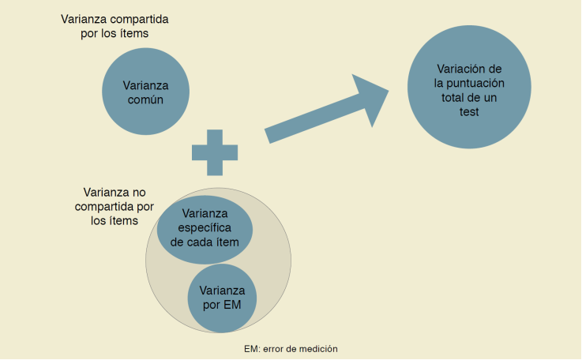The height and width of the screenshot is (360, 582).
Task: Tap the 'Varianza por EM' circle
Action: point(221,297)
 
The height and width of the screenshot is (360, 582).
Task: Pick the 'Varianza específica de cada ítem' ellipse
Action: point(205,228)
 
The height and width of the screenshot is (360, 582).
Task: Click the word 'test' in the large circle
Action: point(469,112)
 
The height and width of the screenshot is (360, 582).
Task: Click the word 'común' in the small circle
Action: point(147,100)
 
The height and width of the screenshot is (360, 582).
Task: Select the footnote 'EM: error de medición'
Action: point(291,348)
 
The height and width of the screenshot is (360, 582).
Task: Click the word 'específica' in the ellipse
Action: point(205,227)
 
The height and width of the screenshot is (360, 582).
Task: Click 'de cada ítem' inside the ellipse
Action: point(205,242)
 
